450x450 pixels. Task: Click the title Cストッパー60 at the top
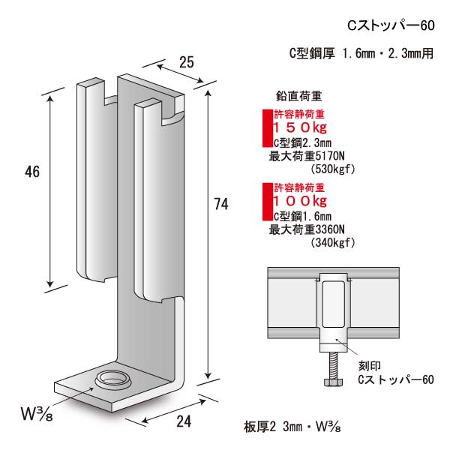pyautogui.click(x=391, y=25)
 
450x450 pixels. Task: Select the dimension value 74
pyautogui.click(x=220, y=203)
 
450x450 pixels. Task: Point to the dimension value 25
pyautogui.click(x=187, y=62)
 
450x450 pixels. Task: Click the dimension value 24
pyautogui.click(x=184, y=421)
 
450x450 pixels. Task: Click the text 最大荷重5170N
pyautogui.click(x=310, y=157)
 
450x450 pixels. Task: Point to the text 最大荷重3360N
pyautogui.click(x=310, y=229)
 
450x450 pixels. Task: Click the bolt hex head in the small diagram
pyautogui.click(x=330, y=382)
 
